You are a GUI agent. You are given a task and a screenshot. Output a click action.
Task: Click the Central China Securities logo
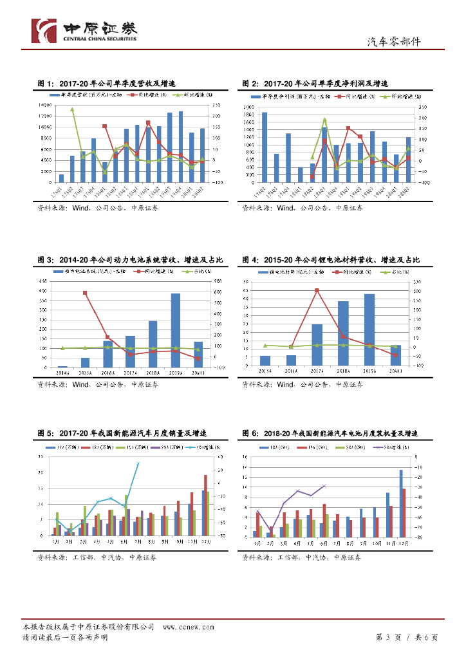[x=84, y=31]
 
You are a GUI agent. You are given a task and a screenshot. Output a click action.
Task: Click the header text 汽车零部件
[x=393, y=42]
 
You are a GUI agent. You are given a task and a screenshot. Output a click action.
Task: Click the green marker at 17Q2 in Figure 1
[x=72, y=109]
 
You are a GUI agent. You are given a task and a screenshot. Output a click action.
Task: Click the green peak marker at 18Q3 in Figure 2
[x=324, y=119]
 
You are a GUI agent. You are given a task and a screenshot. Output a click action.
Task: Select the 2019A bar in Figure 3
[x=175, y=330]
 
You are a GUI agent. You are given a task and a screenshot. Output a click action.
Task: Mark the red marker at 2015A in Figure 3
[x=85, y=293]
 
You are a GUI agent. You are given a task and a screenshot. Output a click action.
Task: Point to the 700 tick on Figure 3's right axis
[x=218, y=281]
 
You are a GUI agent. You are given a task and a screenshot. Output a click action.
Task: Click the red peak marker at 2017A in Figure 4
[x=317, y=290]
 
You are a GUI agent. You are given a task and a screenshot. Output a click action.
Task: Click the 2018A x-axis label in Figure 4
[x=343, y=371]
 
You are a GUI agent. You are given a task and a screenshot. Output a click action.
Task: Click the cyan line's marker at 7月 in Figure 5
[x=138, y=463]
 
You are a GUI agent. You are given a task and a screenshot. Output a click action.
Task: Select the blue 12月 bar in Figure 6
[x=400, y=503]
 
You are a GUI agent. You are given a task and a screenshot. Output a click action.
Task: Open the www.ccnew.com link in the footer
[x=188, y=626]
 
